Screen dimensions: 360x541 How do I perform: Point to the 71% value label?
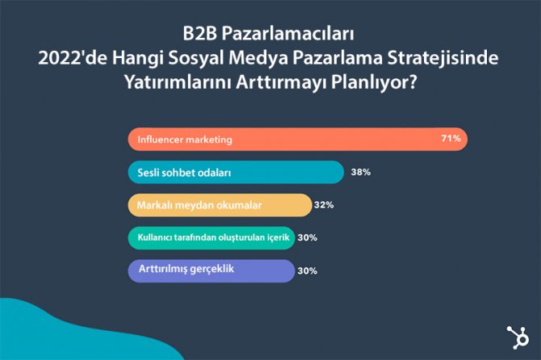[451, 139]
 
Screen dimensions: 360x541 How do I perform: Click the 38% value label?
[360, 172]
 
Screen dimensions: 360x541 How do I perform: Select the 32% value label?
[324, 205]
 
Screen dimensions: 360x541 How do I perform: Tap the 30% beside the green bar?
[307, 238]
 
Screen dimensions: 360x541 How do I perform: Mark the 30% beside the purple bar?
[307, 270]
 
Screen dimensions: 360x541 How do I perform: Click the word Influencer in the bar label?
[162, 140]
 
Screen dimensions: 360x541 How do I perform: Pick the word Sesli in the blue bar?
[150, 172]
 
